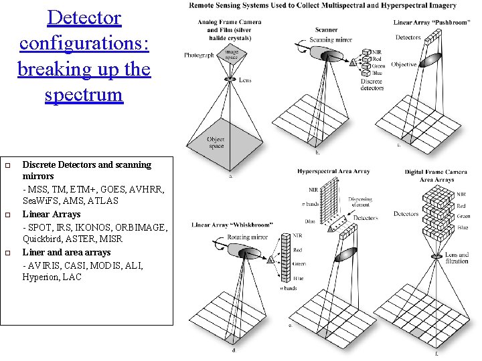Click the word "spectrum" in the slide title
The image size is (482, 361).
(84, 94)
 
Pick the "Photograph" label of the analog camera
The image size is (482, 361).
(199, 55)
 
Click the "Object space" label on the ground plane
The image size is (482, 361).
(216, 142)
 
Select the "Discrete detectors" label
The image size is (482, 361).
(372, 84)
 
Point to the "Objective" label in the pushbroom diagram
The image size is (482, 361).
(404, 65)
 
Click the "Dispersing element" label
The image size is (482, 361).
(361, 203)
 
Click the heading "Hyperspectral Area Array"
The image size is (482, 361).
(333, 172)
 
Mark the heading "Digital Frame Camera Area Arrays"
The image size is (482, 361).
(436, 176)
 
